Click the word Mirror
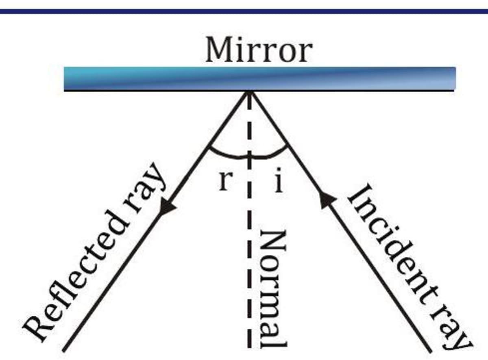(x=259, y=50)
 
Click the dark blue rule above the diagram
(x=244, y=11)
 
